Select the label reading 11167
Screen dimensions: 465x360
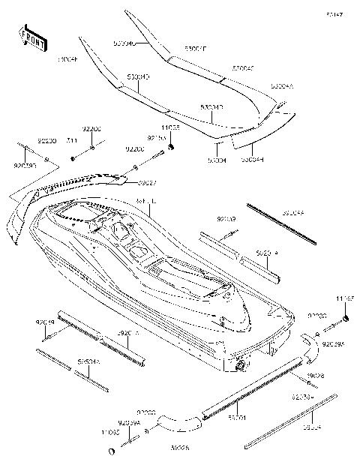345,298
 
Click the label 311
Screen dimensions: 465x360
72,142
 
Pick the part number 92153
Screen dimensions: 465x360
156,138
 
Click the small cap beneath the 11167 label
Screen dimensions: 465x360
348,319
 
